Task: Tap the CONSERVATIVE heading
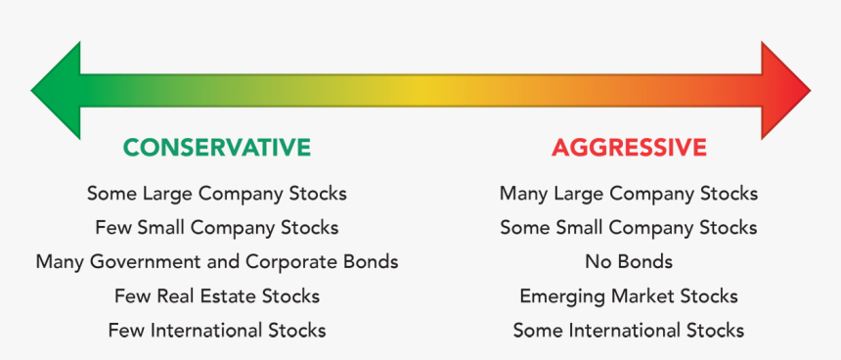click(216, 148)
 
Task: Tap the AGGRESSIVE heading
click(629, 148)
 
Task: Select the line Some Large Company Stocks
click(216, 194)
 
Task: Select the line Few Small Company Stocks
click(216, 228)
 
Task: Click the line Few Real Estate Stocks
click(216, 295)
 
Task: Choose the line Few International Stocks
click(216, 330)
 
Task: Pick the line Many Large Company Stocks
click(629, 194)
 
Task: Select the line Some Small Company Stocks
click(629, 228)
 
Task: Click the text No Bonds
click(629, 262)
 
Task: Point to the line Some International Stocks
click(629, 330)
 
